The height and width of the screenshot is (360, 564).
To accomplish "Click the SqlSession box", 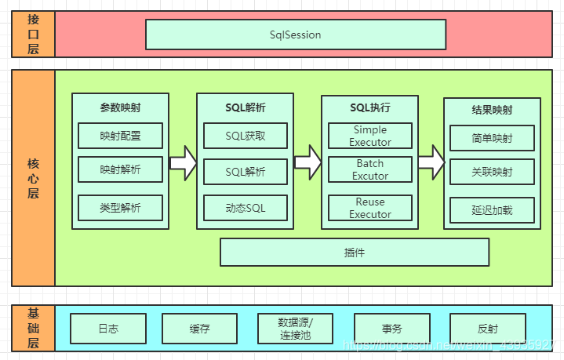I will tap(296, 35).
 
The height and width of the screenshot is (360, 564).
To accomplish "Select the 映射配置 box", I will tap(120, 136).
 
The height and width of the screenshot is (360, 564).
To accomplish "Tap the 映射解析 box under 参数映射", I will tap(120, 169).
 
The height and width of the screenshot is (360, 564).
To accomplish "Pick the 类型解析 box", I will tap(120, 208).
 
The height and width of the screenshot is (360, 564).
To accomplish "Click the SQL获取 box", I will tap(246, 136).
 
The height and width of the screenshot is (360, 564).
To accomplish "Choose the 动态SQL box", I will tap(246, 208).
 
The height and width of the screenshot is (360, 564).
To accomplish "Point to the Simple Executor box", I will tap(370, 136).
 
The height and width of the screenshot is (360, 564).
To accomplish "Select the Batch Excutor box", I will tap(370, 169).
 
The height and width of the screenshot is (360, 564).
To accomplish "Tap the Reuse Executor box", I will tap(370, 208).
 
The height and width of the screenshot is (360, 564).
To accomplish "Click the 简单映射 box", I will tap(492, 137).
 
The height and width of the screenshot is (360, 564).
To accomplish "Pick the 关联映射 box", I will tap(492, 171).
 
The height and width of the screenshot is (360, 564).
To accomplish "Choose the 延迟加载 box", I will tap(492, 209).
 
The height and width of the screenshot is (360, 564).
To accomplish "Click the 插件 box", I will tap(355, 252).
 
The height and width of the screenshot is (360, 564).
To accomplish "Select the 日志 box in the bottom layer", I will tap(108, 329).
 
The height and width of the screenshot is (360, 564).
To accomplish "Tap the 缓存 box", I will tap(199, 329).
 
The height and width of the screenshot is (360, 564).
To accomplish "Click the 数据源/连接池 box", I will tap(295, 329).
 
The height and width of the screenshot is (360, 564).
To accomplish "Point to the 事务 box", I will tap(391, 329).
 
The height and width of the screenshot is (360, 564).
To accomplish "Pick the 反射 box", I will tap(487, 329).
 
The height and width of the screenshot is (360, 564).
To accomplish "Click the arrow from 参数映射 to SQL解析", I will tap(183, 162).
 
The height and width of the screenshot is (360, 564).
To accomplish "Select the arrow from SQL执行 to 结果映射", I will tap(431, 162).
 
